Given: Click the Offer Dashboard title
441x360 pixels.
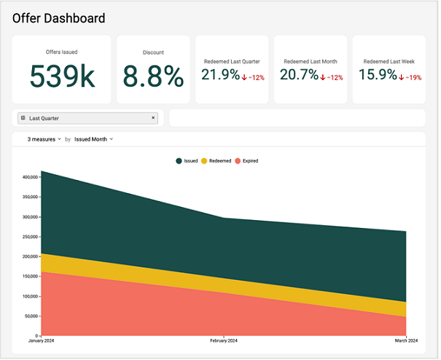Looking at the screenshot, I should [58, 18].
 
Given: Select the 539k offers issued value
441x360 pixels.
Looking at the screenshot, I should [62, 76].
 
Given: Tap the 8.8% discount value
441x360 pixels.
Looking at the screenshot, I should [153, 76].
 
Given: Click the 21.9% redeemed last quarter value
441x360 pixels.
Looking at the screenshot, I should [220, 74].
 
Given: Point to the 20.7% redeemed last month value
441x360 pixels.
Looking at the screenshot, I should [299, 74].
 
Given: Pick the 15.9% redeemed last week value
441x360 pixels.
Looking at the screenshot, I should [378, 74].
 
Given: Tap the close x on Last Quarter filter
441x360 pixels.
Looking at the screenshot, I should [153, 117].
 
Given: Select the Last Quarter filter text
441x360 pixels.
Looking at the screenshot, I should [44, 118].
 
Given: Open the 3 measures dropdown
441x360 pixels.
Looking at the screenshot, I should [44, 138].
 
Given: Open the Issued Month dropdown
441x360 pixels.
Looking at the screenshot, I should [93, 138].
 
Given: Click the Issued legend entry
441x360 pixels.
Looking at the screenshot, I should [187, 160].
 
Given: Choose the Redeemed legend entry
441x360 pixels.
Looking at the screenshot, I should [216, 160].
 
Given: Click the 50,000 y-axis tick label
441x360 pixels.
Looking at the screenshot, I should [31, 316].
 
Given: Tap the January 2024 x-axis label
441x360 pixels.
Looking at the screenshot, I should [42, 341].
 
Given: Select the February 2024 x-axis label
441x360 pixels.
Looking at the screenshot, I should [223, 341].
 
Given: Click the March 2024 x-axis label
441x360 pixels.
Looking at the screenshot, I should [405, 341].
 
